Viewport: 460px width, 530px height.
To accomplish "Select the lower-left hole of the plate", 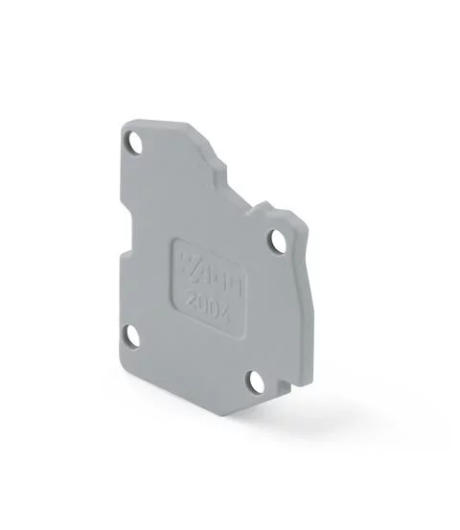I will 130,336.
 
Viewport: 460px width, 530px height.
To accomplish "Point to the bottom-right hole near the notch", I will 255,381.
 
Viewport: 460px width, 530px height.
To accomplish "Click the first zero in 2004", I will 196,300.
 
